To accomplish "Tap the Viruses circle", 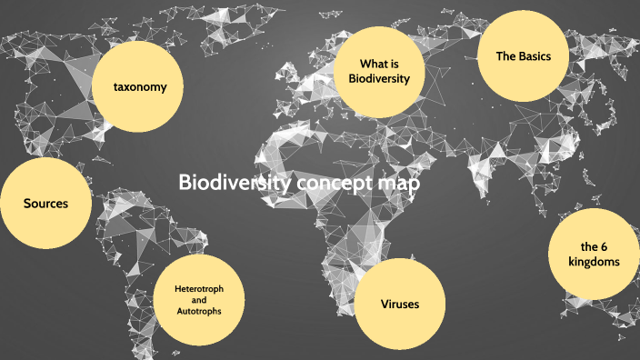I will tap(399, 304).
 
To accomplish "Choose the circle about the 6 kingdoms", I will tap(594, 255).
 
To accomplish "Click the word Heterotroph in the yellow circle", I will tap(199, 288).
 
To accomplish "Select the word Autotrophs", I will tap(199, 312).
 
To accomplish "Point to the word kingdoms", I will tap(595, 262).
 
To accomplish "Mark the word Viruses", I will tap(400, 304).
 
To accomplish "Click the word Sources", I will tap(46, 204).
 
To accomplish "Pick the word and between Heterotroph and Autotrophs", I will tap(199, 300).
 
